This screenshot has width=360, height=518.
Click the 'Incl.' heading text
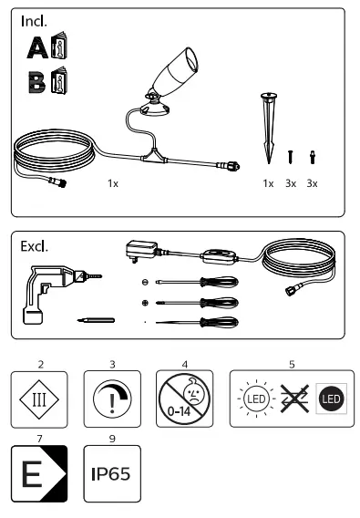(x=35, y=21)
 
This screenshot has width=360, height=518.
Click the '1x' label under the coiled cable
(x=113, y=183)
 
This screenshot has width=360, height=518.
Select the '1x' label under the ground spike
(x=268, y=183)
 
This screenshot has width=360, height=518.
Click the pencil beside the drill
(x=94, y=322)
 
